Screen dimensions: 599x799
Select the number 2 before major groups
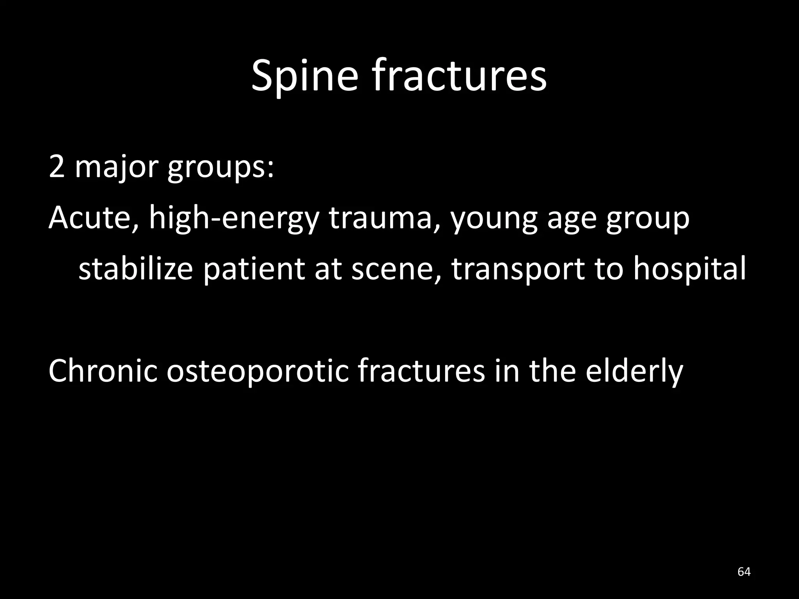57,167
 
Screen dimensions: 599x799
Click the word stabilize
136,269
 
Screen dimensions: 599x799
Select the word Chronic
103,370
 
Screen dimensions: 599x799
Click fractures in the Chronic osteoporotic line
421,370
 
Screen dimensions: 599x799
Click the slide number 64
744,572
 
